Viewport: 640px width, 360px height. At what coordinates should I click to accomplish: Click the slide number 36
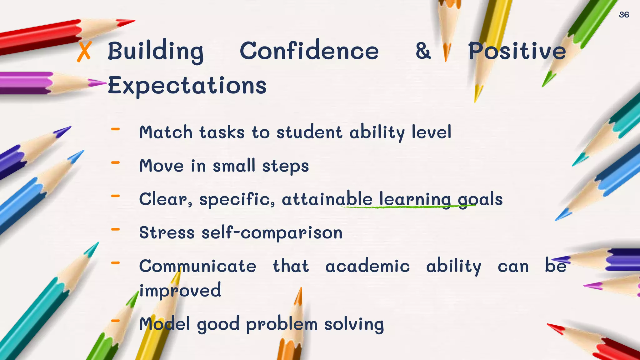tap(624, 15)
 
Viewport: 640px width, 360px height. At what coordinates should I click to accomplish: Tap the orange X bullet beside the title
tap(84, 52)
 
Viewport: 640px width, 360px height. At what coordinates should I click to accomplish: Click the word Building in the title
tap(156, 51)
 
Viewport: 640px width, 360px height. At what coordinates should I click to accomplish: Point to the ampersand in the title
tap(423, 51)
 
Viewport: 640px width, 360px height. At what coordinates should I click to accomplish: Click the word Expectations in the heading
tap(187, 86)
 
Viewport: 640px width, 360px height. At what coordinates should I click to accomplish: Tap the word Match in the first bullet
tap(166, 132)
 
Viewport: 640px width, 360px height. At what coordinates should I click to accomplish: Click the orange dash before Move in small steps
tap(115, 162)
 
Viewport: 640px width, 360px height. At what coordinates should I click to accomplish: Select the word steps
tap(285, 166)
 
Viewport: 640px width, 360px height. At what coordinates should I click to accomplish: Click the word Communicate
tap(197, 266)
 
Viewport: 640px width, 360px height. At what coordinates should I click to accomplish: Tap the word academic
tap(367, 266)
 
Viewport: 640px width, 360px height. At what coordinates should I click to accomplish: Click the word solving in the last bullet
tap(354, 324)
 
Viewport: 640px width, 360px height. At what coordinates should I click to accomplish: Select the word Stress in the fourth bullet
tap(167, 233)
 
